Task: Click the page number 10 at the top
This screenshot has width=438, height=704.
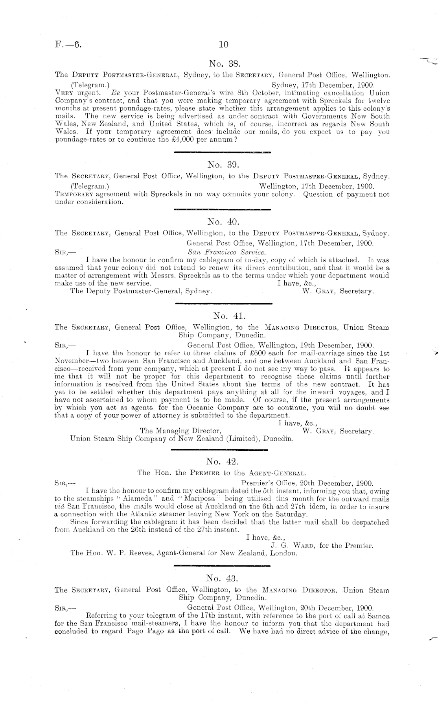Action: [223, 44]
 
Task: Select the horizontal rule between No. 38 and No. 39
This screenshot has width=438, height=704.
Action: [222, 152]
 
